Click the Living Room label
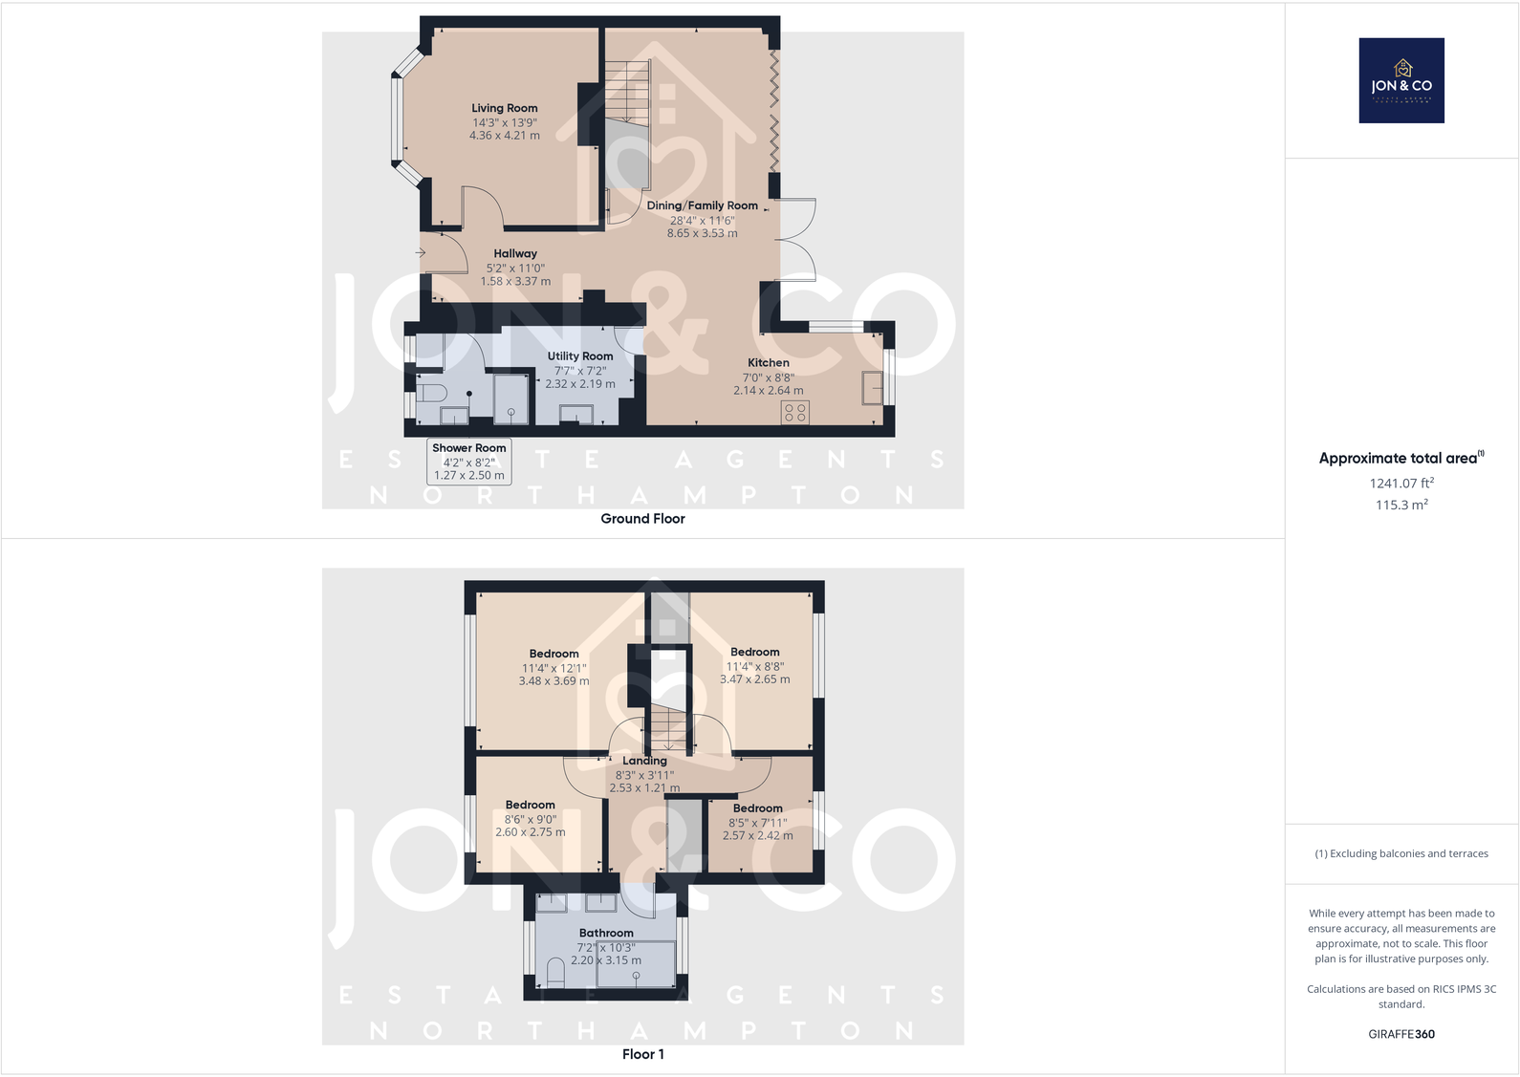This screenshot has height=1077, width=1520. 504,108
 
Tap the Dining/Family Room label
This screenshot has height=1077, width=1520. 702,205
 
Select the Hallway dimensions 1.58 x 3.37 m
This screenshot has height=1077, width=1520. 515,282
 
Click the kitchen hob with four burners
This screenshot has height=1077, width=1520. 794,412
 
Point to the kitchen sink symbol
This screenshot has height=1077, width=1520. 872,388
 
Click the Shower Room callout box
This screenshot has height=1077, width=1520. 468,462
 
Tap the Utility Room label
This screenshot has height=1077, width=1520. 579,356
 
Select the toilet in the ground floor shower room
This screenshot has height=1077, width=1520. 432,393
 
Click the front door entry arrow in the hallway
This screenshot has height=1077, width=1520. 421,252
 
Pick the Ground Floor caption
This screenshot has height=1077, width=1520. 642,519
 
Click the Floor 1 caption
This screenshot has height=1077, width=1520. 642,1054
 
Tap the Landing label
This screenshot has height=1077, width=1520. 644,761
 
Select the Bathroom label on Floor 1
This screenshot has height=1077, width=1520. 606,933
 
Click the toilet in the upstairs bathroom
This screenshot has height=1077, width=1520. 555,973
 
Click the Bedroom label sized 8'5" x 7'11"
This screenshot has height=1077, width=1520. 757,808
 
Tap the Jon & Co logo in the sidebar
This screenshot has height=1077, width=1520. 1401,80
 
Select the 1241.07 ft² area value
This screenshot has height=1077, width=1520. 1401,484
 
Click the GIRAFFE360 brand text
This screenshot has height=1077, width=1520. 1401,1034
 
